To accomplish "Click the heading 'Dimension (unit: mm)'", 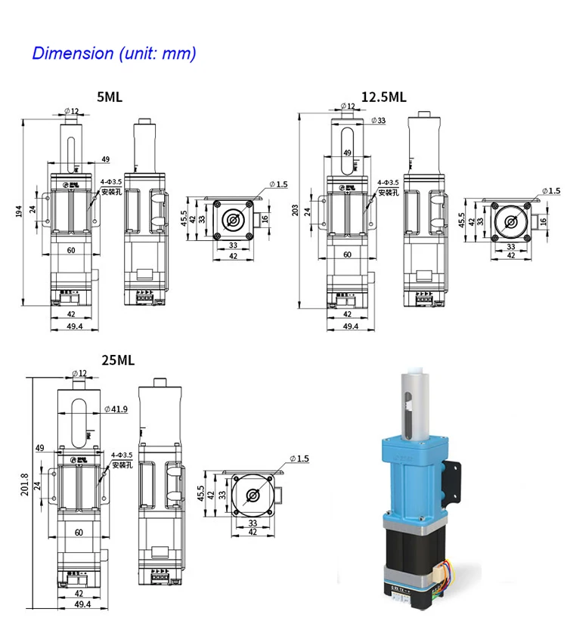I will (x=113, y=54).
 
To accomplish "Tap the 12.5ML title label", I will (x=383, y=97).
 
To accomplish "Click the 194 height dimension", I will (x=19, y=213).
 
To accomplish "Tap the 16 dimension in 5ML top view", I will (x=265, y=219).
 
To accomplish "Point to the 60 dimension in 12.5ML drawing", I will (x=347, y=255).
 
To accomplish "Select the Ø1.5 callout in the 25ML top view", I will (x=299, y=458).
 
